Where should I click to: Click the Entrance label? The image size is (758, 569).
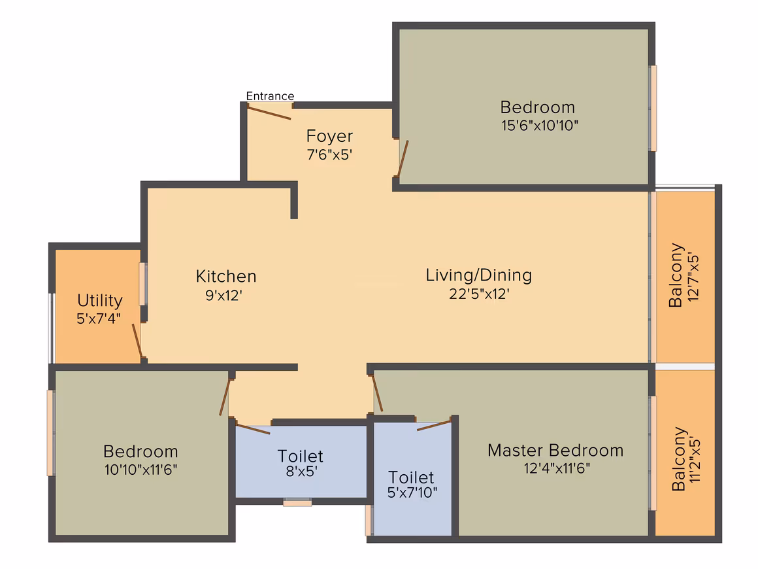tap(270, 95)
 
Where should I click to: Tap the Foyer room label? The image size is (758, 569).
tap(329, 136)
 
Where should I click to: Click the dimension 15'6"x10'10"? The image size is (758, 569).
tap(540, 126)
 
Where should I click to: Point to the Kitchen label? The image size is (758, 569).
tap(225, 276)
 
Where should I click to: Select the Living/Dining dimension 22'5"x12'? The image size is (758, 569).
tap(479, 294)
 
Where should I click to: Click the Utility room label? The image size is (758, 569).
tap(99, 300)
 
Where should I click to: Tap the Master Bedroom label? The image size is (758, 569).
tap(555, 451)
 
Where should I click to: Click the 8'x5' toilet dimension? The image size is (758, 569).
tap(301, 471)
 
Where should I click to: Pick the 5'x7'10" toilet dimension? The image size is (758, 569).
tap(412, 492)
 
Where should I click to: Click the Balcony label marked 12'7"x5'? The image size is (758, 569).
tap(676, 275)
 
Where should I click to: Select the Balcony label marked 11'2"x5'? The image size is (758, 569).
tap(679, 458)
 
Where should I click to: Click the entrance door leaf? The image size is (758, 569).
tap(269, 112)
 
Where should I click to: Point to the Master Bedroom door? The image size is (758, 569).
tap(377, 393)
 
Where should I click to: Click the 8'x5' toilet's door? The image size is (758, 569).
tap(252, 428)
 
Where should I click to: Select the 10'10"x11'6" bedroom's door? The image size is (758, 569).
tap(224, 397)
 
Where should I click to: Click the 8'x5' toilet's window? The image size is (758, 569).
tap(297, 503)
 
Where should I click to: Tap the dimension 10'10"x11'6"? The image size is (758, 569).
tap(140, 470)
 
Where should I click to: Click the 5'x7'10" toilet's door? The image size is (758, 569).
tap(434, 425)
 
